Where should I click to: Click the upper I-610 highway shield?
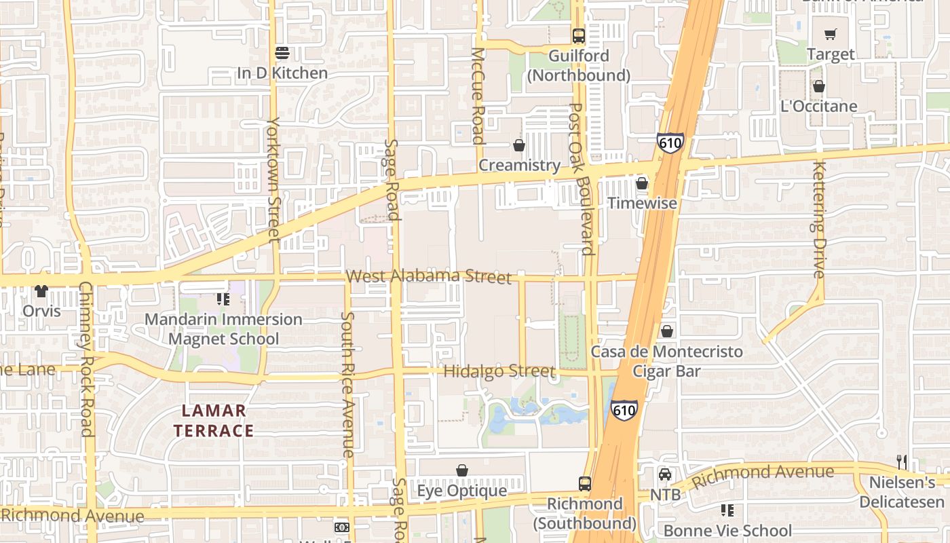669,143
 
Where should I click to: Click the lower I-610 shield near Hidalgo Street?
623,410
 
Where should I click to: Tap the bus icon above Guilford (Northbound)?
578,36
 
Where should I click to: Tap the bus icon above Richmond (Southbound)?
584,484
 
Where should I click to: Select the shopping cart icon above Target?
831,34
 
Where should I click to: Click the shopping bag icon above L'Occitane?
819,86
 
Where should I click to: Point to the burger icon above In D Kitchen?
282,53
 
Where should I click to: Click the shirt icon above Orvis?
41,291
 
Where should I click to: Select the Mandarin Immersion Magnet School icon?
223,299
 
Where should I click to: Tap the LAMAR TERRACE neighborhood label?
214,420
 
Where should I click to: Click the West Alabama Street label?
428,276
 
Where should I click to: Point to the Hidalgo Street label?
499,371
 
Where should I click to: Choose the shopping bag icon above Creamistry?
519,145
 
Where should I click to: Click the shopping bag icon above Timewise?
641,183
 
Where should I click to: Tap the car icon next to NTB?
665,474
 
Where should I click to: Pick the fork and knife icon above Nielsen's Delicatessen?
902,462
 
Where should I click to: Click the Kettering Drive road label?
818,221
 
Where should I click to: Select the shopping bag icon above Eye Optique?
462,470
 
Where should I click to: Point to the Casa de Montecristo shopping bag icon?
667,331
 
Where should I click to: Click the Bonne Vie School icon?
727,510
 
